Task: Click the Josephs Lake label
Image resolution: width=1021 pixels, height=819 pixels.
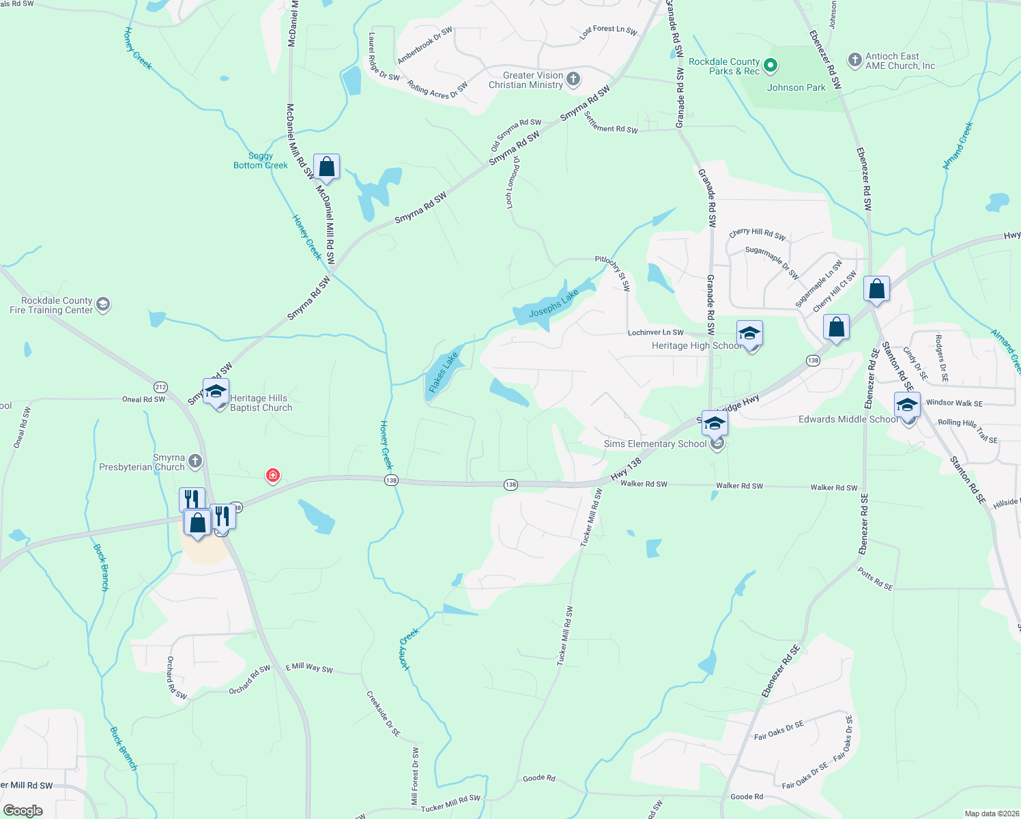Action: click(x=553, y=304)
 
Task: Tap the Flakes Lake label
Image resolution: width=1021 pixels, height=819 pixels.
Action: click(x=443, y=372)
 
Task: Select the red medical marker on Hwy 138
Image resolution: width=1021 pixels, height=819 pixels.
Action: click(x=273, y=475)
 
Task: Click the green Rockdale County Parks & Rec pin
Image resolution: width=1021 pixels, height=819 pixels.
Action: click(x=771, y=66)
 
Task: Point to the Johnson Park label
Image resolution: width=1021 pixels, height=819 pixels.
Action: click(x=796, y=87)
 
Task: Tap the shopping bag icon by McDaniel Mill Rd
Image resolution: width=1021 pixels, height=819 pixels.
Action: click(x=327, y=167)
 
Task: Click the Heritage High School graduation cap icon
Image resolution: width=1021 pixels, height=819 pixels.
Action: click(x=749, y=334)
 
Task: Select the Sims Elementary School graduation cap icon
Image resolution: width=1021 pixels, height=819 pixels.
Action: click(x=714, y=424)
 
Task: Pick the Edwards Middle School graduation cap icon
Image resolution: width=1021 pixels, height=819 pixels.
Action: click(x=907, y=405)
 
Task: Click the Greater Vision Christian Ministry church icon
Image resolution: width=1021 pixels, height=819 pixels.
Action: click(x=573, y=79)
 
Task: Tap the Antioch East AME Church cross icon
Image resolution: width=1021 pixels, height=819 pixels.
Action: click(x=854, y=60)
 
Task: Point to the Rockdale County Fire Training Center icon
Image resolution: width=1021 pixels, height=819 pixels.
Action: click(x=103, y=304)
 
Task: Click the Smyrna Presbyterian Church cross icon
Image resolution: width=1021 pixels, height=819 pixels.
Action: click(x=195, y=462)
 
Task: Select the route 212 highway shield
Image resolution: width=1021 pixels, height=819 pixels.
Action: click(x=160, y=387)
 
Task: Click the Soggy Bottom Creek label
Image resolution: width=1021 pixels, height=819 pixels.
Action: click(x=261, y=160)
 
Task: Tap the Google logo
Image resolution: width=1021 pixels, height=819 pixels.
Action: click(x=23, y=811)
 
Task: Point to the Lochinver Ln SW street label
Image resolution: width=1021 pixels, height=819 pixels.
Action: click(x=655, y=332)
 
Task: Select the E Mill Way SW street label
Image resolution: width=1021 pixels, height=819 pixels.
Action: click(x=309, y=667)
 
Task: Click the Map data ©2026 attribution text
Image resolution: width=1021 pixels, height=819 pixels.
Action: click(x=989, y=814)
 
